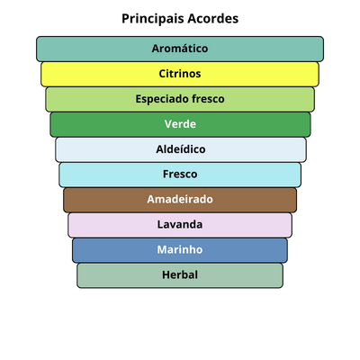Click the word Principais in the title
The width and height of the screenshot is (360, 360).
point(152,19)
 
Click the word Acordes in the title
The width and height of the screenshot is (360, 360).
point(213,19)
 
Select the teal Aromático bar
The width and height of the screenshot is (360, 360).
point(180,49)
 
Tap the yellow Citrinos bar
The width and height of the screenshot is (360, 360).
point(180,74)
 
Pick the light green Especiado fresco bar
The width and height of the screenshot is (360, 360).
point(180,99)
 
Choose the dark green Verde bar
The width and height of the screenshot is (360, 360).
point(180,124)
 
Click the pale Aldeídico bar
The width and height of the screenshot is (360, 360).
point(181,149)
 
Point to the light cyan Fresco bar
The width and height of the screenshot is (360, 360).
point(180,175)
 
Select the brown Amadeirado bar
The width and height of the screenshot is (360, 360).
point(180,200)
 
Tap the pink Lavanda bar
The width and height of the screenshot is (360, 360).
point(180,225)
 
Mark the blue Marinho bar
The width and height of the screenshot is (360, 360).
point(180,250)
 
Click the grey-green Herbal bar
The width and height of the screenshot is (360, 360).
point(180,275)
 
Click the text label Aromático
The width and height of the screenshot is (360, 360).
point(180,49)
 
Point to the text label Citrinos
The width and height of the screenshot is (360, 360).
point(180,74)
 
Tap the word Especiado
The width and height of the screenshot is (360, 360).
point(162,99)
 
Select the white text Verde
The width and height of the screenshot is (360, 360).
point(180,124)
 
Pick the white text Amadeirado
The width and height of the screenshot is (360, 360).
point(180,199)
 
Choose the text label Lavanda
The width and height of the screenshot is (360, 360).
point(180,224)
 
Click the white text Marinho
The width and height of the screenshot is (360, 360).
point(180,249)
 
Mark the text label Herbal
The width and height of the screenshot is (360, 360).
point(180,274)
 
